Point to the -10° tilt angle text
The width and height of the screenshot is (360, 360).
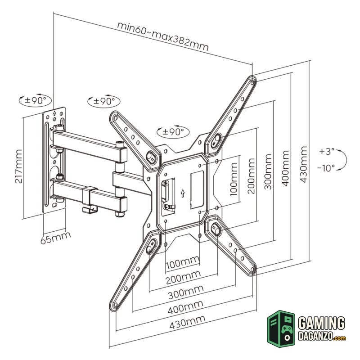tap(326, 168)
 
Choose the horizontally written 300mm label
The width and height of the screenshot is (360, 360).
tap(184, 292)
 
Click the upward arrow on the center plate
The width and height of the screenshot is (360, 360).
tap(182, 193)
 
